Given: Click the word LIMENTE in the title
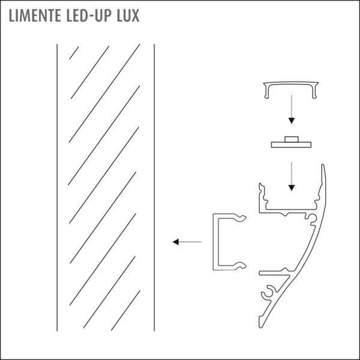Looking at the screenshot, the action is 35,16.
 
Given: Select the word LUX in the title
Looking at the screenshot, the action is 128,16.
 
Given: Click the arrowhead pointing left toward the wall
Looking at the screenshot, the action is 176,242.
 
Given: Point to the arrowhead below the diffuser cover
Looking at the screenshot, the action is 292,121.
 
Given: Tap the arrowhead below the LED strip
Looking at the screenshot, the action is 292,188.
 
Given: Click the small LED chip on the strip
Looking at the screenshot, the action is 292,139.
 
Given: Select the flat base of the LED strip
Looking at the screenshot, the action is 291,145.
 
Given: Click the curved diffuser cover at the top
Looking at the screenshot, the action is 291,90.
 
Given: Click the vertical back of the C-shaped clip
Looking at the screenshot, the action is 215,242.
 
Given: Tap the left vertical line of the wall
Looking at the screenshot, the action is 57,188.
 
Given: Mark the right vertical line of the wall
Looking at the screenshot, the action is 154,188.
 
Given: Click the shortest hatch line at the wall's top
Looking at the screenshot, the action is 74,53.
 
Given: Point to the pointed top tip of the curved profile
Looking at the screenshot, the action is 323,164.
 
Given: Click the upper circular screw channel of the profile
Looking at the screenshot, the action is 312,218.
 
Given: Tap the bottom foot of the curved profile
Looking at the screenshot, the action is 261,322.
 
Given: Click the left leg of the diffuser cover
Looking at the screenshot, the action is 266,91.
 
